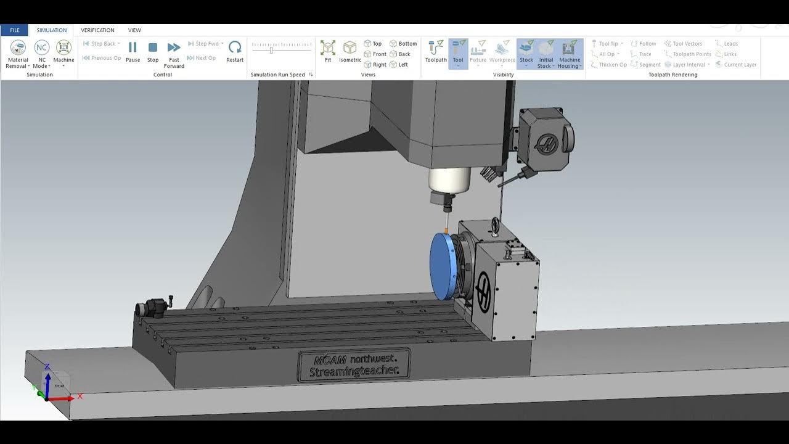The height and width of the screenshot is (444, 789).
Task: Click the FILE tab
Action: point(14,30)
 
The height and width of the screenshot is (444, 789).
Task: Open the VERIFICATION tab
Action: point(97,30)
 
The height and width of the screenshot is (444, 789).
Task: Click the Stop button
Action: point(153,52)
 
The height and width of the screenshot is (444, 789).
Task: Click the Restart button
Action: point(235,52)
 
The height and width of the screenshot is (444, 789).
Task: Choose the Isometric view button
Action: point(350,52)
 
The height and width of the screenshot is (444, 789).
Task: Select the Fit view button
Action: point(328,52)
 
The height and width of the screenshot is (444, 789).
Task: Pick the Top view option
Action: point(373,44)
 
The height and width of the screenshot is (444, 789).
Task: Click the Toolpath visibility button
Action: point(436,52)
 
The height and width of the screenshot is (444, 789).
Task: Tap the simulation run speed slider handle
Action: point(271,49)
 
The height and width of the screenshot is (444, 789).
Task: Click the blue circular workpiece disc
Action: point(441,266)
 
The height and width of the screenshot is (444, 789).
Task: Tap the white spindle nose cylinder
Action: point(449,179)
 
